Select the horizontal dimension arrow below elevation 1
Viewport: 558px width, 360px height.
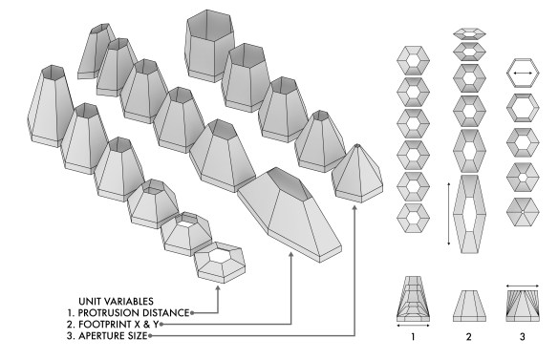[x=413, y=326]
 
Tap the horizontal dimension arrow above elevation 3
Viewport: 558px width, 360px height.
[x=521, y=283]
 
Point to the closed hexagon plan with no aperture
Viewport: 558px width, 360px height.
[x=522, y=209]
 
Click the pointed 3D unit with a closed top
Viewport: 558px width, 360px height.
[x=354, y=172]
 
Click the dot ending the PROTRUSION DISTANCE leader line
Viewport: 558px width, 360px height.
[x=192, y=312]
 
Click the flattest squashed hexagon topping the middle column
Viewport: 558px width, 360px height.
[x=467, y=32]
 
